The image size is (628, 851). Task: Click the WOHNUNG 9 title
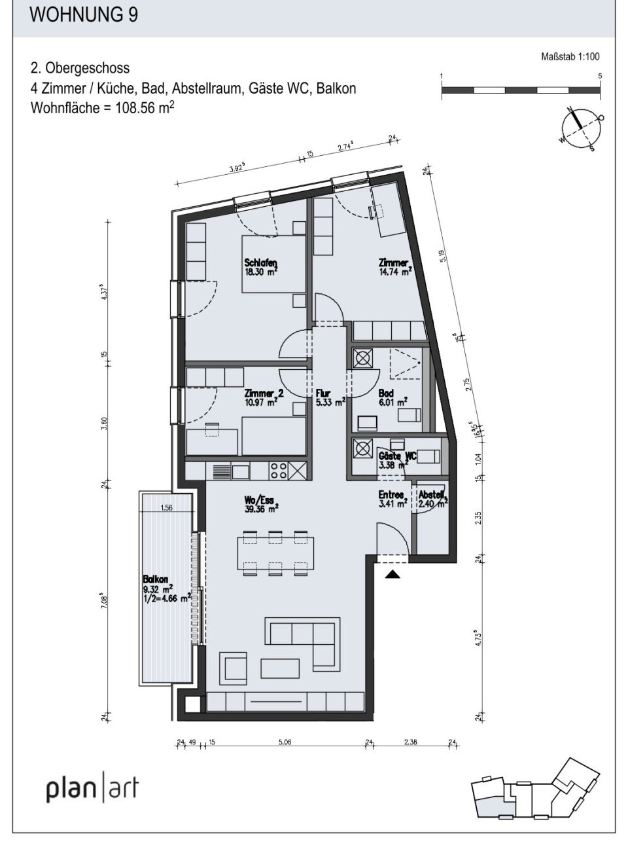point(84,15)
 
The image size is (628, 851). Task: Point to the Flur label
point(323,393)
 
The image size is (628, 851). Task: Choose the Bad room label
point(385,393)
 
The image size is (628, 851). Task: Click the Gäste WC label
point(397,456)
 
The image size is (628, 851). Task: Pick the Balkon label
point(156,579)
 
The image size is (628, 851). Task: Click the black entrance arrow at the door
point(392,574)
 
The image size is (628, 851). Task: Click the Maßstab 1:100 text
point(570,57)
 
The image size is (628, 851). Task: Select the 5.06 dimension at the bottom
point(284,742)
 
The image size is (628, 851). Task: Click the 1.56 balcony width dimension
point(166,507)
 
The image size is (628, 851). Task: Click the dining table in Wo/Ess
point(275,553)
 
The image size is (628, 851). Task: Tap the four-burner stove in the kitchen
point(279,471)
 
